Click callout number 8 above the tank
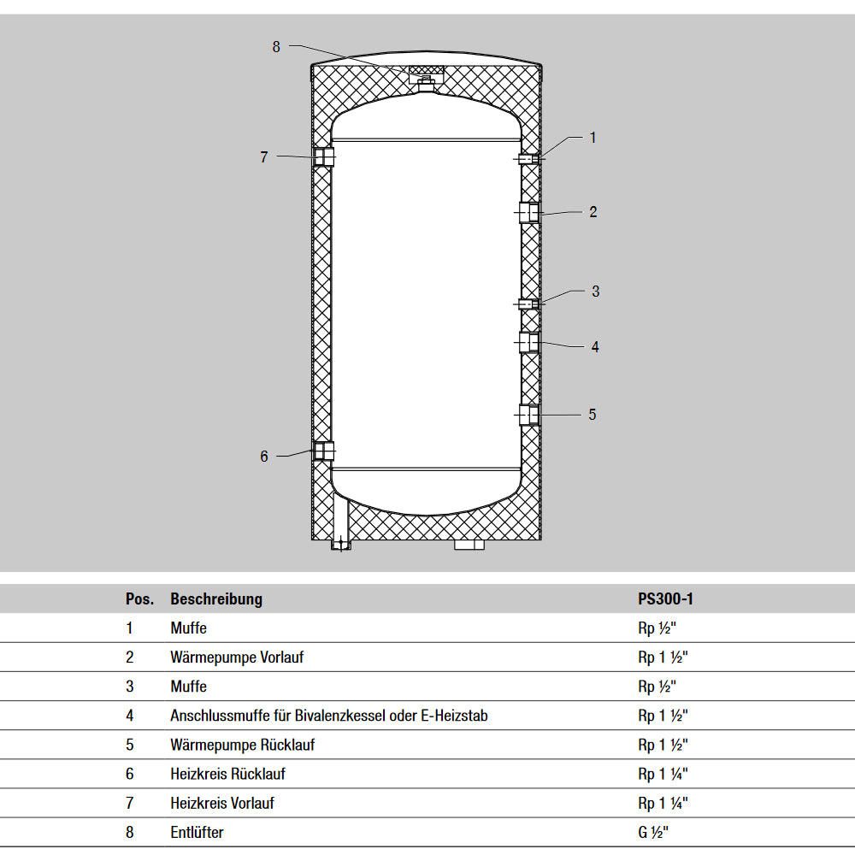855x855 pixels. [x=276, y=47]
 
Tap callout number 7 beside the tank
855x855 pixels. [x=264, y=157]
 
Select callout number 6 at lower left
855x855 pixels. [x=264, y=457]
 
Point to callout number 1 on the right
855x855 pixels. [x=593, y=137]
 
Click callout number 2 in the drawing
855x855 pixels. [x=593, y=212]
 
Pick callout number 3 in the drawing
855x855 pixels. [x=596, y=292]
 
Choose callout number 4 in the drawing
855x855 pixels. [x=595, y=347]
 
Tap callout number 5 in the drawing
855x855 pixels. [x=593, y=415]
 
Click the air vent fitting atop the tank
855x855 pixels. [x=426, y=78]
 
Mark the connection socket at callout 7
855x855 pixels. [x=323, y=157]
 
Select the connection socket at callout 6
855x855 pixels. [x=323, y=451]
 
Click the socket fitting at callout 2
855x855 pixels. [x=530, y=212]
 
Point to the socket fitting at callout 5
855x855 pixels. [x=530, y=415]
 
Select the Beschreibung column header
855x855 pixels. [x=216, y=599]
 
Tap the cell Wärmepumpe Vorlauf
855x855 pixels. [x=237, y=657]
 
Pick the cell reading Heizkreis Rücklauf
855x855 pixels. [x=227, y=774]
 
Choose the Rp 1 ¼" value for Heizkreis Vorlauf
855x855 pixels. [x=663, y=803]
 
